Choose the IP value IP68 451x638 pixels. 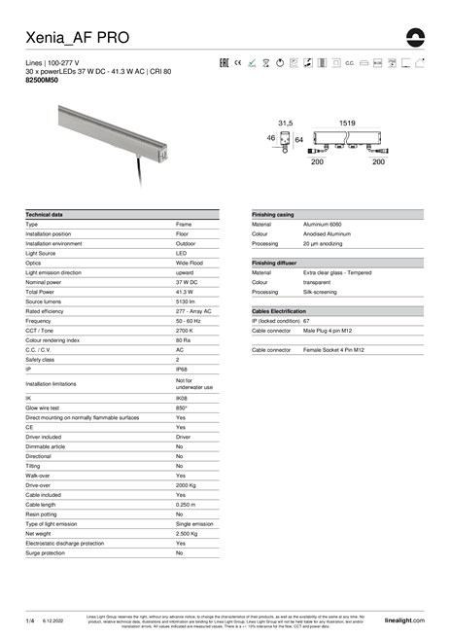(x=182, y=370)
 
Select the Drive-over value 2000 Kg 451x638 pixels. (x=188, y=484)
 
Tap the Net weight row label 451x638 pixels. (x=39, y=533)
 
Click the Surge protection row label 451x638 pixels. (x=44, y=552)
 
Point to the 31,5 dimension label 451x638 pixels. (x=286, y=124)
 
